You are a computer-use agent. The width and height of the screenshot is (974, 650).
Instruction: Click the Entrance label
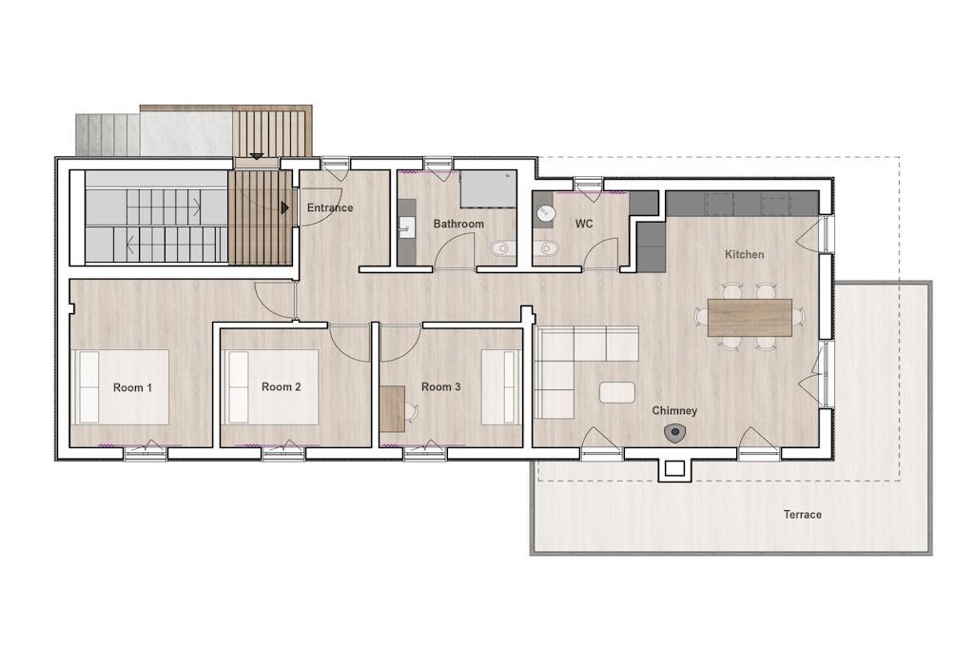point(330,207)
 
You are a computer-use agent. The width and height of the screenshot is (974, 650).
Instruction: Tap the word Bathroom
point(458,224)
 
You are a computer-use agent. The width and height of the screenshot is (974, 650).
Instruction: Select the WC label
point(584,224)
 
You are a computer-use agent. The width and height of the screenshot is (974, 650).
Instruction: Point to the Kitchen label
point(744,254)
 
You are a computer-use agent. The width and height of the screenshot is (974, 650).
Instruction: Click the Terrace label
point(803,515)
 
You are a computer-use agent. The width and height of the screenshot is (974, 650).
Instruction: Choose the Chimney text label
point(674,411)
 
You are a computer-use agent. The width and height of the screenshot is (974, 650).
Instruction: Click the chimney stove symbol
point(674,433)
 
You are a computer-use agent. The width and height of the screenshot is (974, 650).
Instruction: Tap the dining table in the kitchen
point(750,318)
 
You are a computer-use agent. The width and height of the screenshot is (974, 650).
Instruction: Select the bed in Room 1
point(121,387)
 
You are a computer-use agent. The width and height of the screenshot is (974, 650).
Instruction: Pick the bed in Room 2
point(271,386)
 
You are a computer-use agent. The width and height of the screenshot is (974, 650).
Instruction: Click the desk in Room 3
point(393,409)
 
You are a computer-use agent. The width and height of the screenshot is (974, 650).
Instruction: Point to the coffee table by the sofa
point(617,392)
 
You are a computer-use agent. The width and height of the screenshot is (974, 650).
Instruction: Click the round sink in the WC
point(545,213)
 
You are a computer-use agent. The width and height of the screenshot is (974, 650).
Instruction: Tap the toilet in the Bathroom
point(502,249)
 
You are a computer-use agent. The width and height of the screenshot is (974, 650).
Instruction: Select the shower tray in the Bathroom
point(488,188)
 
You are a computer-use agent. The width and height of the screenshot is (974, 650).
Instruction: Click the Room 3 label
point(441,386)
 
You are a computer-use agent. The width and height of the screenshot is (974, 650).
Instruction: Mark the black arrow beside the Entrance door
point(285,207)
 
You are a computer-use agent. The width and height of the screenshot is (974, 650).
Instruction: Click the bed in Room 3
point(500,387)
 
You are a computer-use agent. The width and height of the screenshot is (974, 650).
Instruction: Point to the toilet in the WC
point(545,249)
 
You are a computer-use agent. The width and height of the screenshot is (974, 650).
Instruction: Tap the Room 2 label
point(282,386)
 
